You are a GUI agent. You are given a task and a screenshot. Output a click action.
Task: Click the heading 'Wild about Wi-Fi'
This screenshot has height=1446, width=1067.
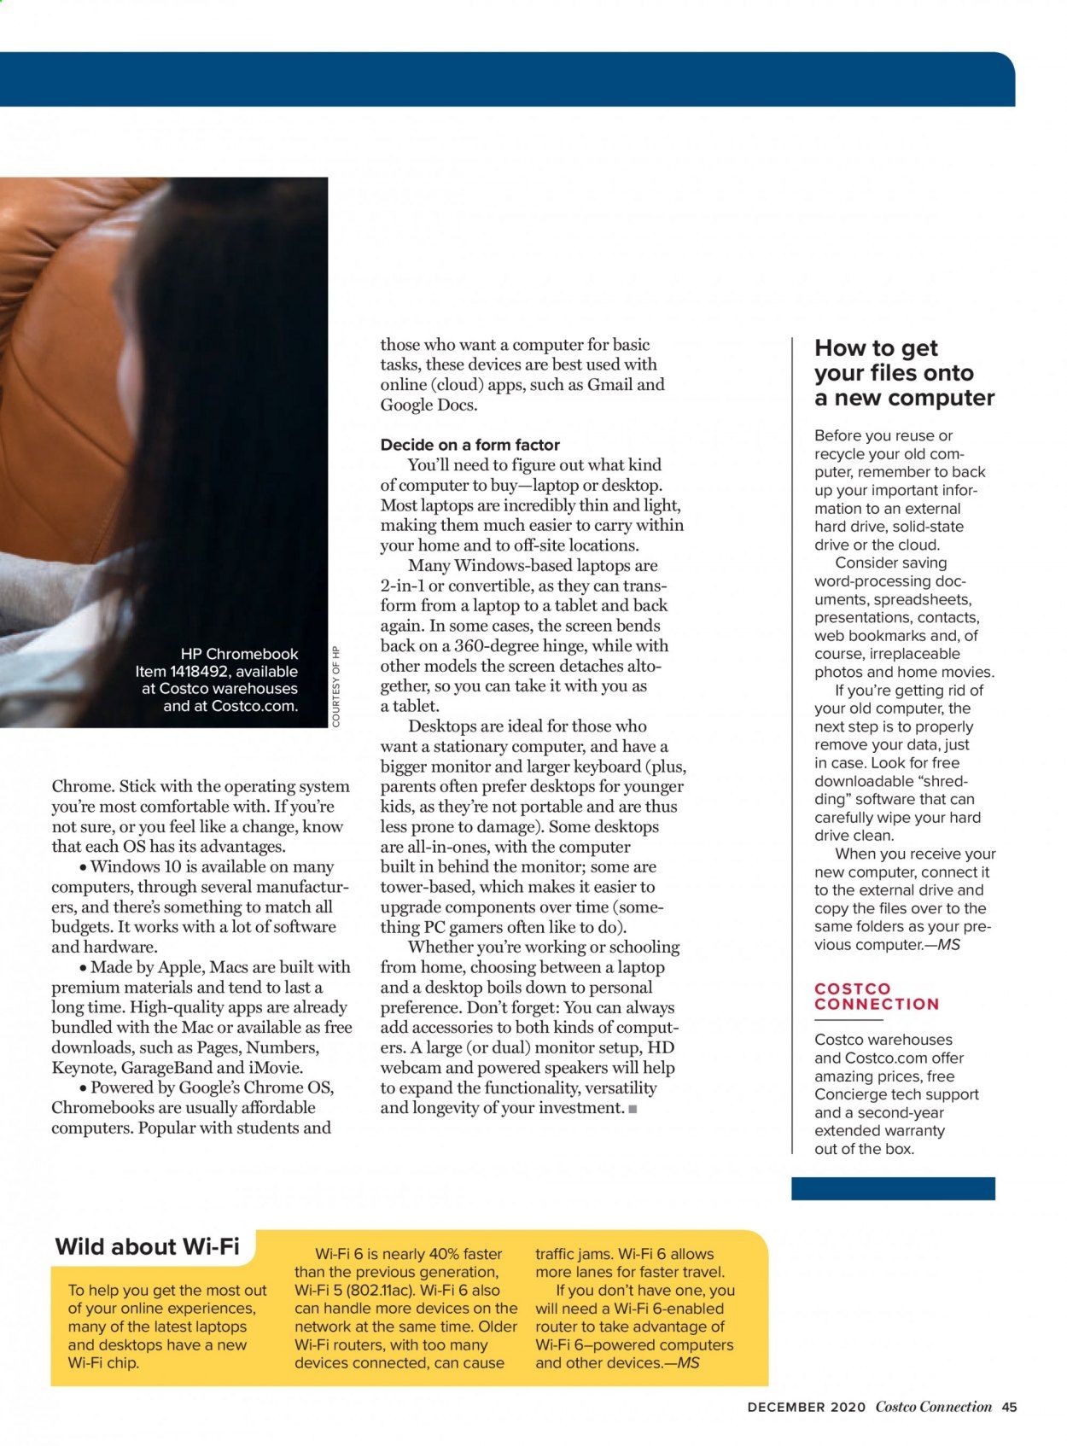click(147, 1246)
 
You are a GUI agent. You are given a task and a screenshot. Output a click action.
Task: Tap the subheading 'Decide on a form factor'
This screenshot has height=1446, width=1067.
click(469, 445)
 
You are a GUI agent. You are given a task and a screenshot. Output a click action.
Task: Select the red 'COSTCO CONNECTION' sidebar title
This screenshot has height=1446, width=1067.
click(876, 996)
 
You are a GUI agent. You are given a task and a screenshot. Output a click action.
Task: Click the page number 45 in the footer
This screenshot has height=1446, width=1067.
click(1010, 1407)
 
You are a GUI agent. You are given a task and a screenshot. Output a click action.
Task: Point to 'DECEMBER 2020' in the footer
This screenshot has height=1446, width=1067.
click(806, 1408)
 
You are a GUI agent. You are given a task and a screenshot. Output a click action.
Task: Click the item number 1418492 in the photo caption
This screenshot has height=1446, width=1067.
click(198, 672)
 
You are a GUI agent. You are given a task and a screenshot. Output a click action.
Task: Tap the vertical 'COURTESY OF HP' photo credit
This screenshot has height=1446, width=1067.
click(335, 686)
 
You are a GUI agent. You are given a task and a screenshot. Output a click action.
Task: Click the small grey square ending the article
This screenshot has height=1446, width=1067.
click(633, 1109)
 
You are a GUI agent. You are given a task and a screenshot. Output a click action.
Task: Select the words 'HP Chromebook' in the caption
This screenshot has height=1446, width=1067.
click(239, 654)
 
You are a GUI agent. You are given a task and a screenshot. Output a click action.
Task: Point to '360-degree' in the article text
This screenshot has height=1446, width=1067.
click(477, 646)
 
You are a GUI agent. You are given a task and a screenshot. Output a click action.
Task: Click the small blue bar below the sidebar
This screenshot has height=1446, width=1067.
click(892, 1188)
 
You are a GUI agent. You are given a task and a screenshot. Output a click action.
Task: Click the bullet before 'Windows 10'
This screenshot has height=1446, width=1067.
click(82, 867)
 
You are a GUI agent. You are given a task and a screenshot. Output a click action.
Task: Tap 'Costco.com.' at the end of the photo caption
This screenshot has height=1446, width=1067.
click(254, 706)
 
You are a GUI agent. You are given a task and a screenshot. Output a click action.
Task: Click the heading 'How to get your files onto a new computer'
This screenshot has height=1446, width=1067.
click(903, 373)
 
